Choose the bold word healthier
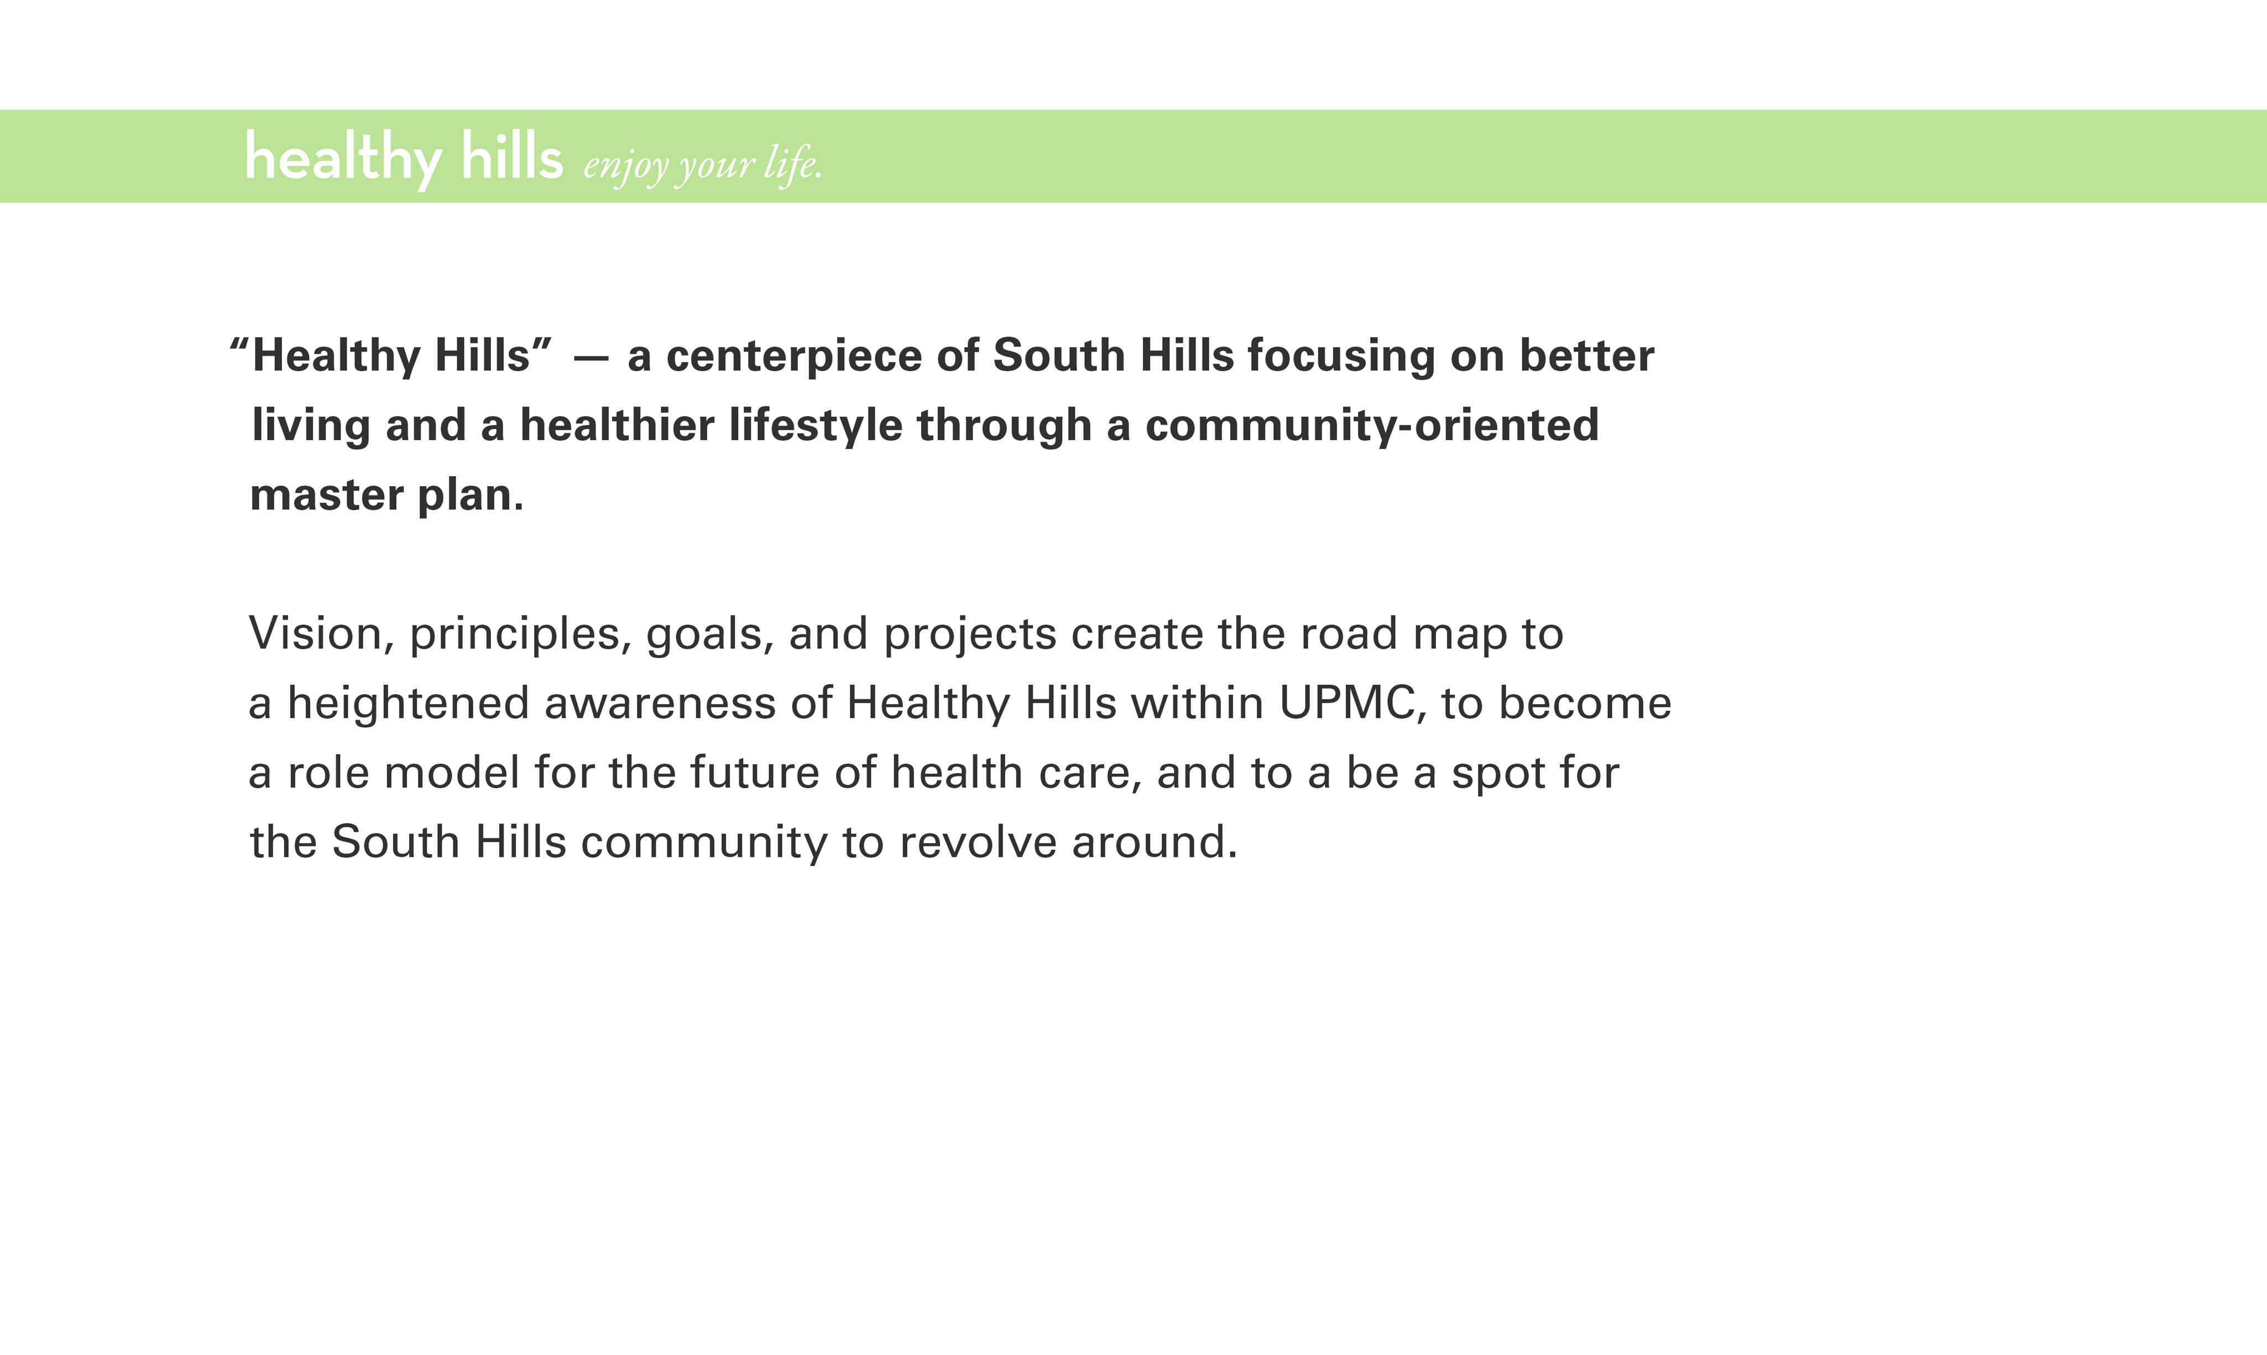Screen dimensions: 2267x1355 (x=617, y=425)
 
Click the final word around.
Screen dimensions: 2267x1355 (x=1155, y=842)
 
